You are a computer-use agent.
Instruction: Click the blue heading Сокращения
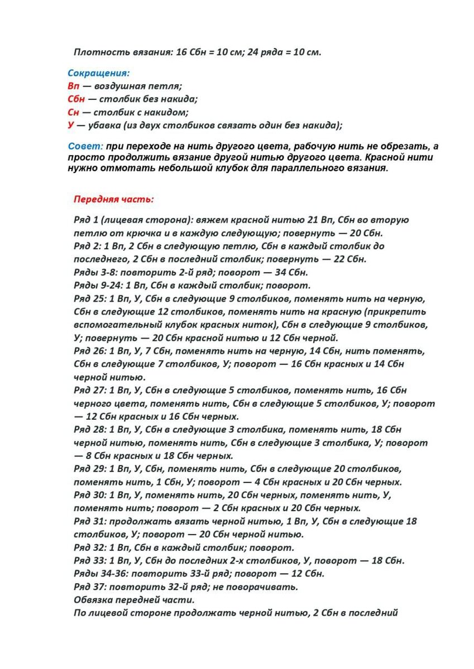coord(99,73)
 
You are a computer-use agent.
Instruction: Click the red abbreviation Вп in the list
coord(74,86)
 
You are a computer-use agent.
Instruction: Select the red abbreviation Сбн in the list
coord(76,99)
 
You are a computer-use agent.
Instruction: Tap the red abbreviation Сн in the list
coord(74,112)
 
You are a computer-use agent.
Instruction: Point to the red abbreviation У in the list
coord(71,125)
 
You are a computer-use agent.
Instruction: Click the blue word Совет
coord(85,146)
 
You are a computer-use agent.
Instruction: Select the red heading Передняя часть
coord(113,199)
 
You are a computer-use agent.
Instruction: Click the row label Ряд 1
coord(87,220)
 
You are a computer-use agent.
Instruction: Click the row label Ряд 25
coord(90,298)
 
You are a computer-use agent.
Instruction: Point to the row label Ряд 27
coord(90,390)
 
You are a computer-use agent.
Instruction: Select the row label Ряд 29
coord(90,469)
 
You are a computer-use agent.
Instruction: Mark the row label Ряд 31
coord(90,521)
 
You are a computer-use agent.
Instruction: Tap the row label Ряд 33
coord(90,560)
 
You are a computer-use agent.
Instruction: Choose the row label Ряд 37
coord(90,586)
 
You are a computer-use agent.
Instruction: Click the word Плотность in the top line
coord(95,52)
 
